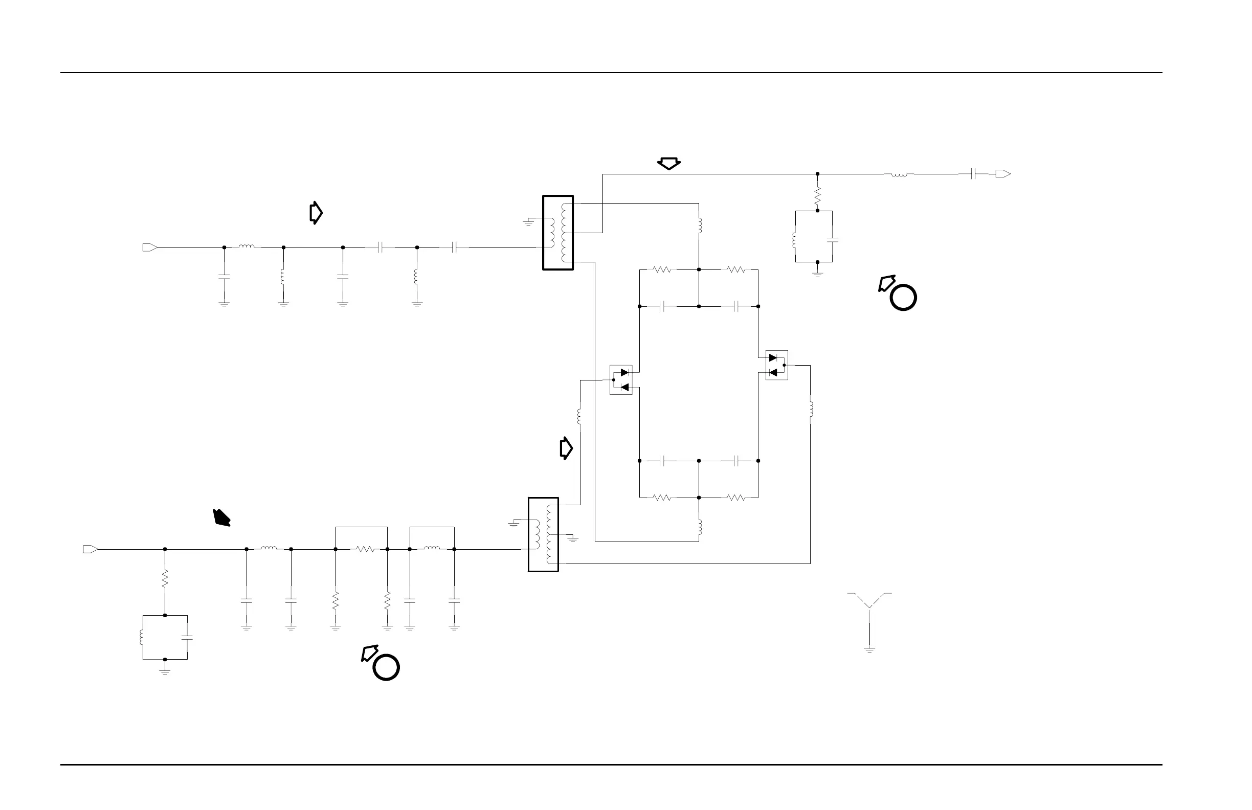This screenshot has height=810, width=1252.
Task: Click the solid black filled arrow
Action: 222,517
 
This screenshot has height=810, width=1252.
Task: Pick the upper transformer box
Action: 557,233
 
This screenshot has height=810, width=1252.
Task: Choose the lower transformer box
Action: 543,534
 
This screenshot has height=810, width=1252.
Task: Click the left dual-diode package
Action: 621,380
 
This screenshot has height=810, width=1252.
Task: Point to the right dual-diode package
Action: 776,365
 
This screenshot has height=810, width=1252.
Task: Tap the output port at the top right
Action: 1002,174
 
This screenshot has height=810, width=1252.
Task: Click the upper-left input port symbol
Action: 149,247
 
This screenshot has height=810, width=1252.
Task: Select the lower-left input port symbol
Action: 91,549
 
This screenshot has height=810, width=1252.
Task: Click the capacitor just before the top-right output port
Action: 974,174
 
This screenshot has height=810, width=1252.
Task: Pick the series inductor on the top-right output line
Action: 899,174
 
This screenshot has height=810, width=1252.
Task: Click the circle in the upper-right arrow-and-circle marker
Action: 903,297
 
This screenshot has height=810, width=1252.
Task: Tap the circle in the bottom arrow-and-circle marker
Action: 386,667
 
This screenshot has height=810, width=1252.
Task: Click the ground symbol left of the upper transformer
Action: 529,223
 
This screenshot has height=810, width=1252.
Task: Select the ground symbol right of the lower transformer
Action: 573,539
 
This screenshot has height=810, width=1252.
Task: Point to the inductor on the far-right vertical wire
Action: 811,408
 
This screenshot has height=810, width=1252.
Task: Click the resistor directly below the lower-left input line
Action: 165,578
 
